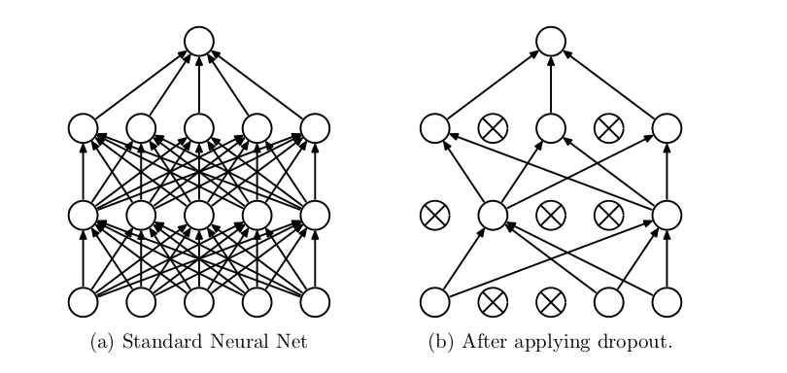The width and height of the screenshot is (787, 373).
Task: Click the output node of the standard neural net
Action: (x=199, y=41)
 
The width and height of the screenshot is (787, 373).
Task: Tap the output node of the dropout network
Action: (x=551, y=41)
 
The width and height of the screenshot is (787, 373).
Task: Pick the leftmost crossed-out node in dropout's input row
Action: (x=493, y=303)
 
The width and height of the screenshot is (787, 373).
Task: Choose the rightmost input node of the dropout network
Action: (x=667, y=303)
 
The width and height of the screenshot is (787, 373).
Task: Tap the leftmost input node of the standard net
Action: (x=84, y=303)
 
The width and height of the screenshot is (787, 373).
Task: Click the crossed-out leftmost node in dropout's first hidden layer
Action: (x=434, y=216)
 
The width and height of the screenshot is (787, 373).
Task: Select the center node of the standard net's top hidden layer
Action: (x=199, y=128)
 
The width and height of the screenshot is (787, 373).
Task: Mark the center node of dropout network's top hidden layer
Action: (x=551, y=128)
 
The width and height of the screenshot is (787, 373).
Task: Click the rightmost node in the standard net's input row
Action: (x=315, y=303)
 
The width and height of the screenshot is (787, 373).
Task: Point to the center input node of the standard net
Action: (x=199, y=303)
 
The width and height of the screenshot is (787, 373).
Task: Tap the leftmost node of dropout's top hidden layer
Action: (x=434, y=128)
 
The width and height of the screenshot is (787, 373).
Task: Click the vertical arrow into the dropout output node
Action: (x=551, y=85)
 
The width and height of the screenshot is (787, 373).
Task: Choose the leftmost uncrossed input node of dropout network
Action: (x=434, y=303)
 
